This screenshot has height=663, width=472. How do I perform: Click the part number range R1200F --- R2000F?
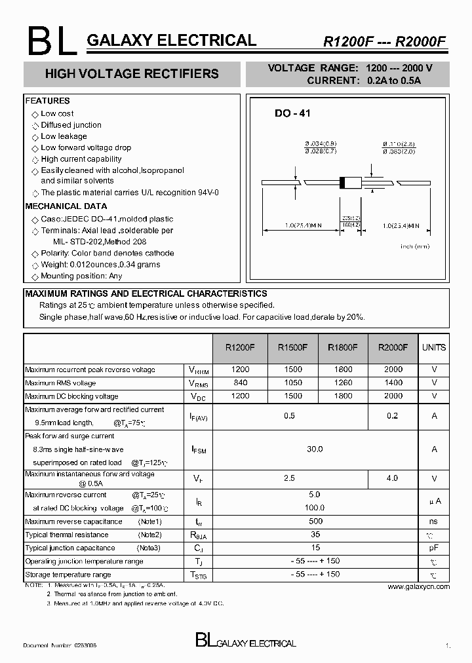383,41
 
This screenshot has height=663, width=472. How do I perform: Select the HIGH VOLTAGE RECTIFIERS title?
132,74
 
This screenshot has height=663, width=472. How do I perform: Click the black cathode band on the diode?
342,182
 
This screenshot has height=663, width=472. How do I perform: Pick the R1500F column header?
290,348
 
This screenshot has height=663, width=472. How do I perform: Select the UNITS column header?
433,348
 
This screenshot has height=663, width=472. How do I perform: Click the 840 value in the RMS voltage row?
241,383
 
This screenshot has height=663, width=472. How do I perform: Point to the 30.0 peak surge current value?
315,449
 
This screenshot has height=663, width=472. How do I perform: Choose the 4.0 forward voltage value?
392,478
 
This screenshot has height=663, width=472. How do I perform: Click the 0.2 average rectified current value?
392,416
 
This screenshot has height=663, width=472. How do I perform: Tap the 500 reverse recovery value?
315,521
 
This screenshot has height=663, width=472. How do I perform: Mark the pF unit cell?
433,548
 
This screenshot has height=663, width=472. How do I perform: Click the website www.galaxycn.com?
418,586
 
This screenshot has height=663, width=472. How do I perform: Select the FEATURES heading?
47,101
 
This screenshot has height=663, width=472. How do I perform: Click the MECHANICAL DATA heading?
66,206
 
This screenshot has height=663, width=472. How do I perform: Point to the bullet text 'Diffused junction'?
71,125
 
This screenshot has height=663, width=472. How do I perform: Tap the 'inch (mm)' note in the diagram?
414,246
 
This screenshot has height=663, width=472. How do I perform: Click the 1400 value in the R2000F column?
393,383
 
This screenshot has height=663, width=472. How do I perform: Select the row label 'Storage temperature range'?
68,575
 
